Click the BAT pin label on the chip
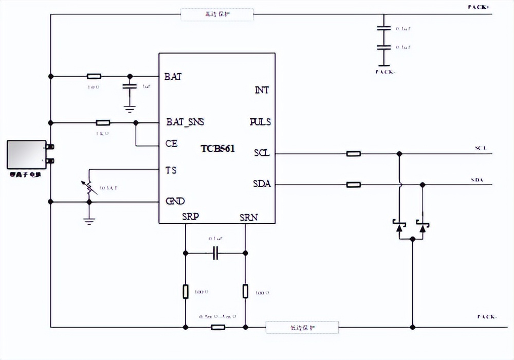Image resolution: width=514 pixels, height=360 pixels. click(173, 77)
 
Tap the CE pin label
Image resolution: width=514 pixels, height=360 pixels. click(172, 143)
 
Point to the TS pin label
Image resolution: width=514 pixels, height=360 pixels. click(171, 170)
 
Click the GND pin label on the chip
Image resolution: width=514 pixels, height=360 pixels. click(175, 201)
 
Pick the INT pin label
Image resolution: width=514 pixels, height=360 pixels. click(262, 90)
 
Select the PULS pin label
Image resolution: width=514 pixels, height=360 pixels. click(260, 122)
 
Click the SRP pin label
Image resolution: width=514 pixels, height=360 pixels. click(190, 217)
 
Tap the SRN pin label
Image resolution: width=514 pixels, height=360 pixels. click(249, 217)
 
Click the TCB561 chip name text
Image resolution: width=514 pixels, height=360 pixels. click(218, 149)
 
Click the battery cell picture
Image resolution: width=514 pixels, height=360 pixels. click(27, 154)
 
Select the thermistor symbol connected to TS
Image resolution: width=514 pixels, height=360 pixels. click(89, 188)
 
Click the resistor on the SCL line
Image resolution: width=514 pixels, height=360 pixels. click(353, 153)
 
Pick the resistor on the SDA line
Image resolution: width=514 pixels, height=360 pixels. click(353, 185)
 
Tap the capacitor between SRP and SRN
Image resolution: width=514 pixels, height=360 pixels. click(216, 253)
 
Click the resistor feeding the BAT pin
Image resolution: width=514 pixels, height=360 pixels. click(94, 76)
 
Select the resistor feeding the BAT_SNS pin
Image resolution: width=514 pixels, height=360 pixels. click(103, 122)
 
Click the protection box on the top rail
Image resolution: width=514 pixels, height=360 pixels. click(217, 14)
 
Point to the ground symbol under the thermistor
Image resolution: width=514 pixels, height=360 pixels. click(89, 221)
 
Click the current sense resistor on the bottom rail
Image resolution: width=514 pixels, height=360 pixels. click(218, 327)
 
